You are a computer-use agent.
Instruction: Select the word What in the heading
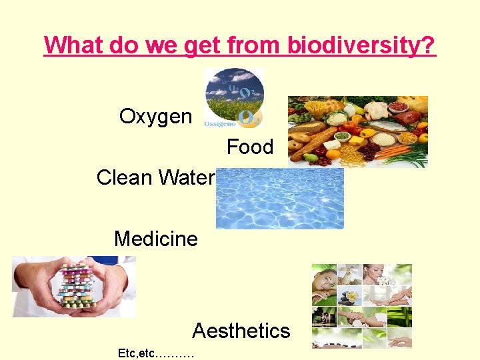(71, 45)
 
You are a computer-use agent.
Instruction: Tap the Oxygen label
(155, 117)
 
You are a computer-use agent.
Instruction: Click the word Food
(250, 147)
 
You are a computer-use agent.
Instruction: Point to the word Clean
(125, 177)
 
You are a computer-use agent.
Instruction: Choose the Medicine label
(156, 239)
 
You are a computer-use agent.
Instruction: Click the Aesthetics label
(241, 331)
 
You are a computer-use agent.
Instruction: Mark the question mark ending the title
(429, 45)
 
